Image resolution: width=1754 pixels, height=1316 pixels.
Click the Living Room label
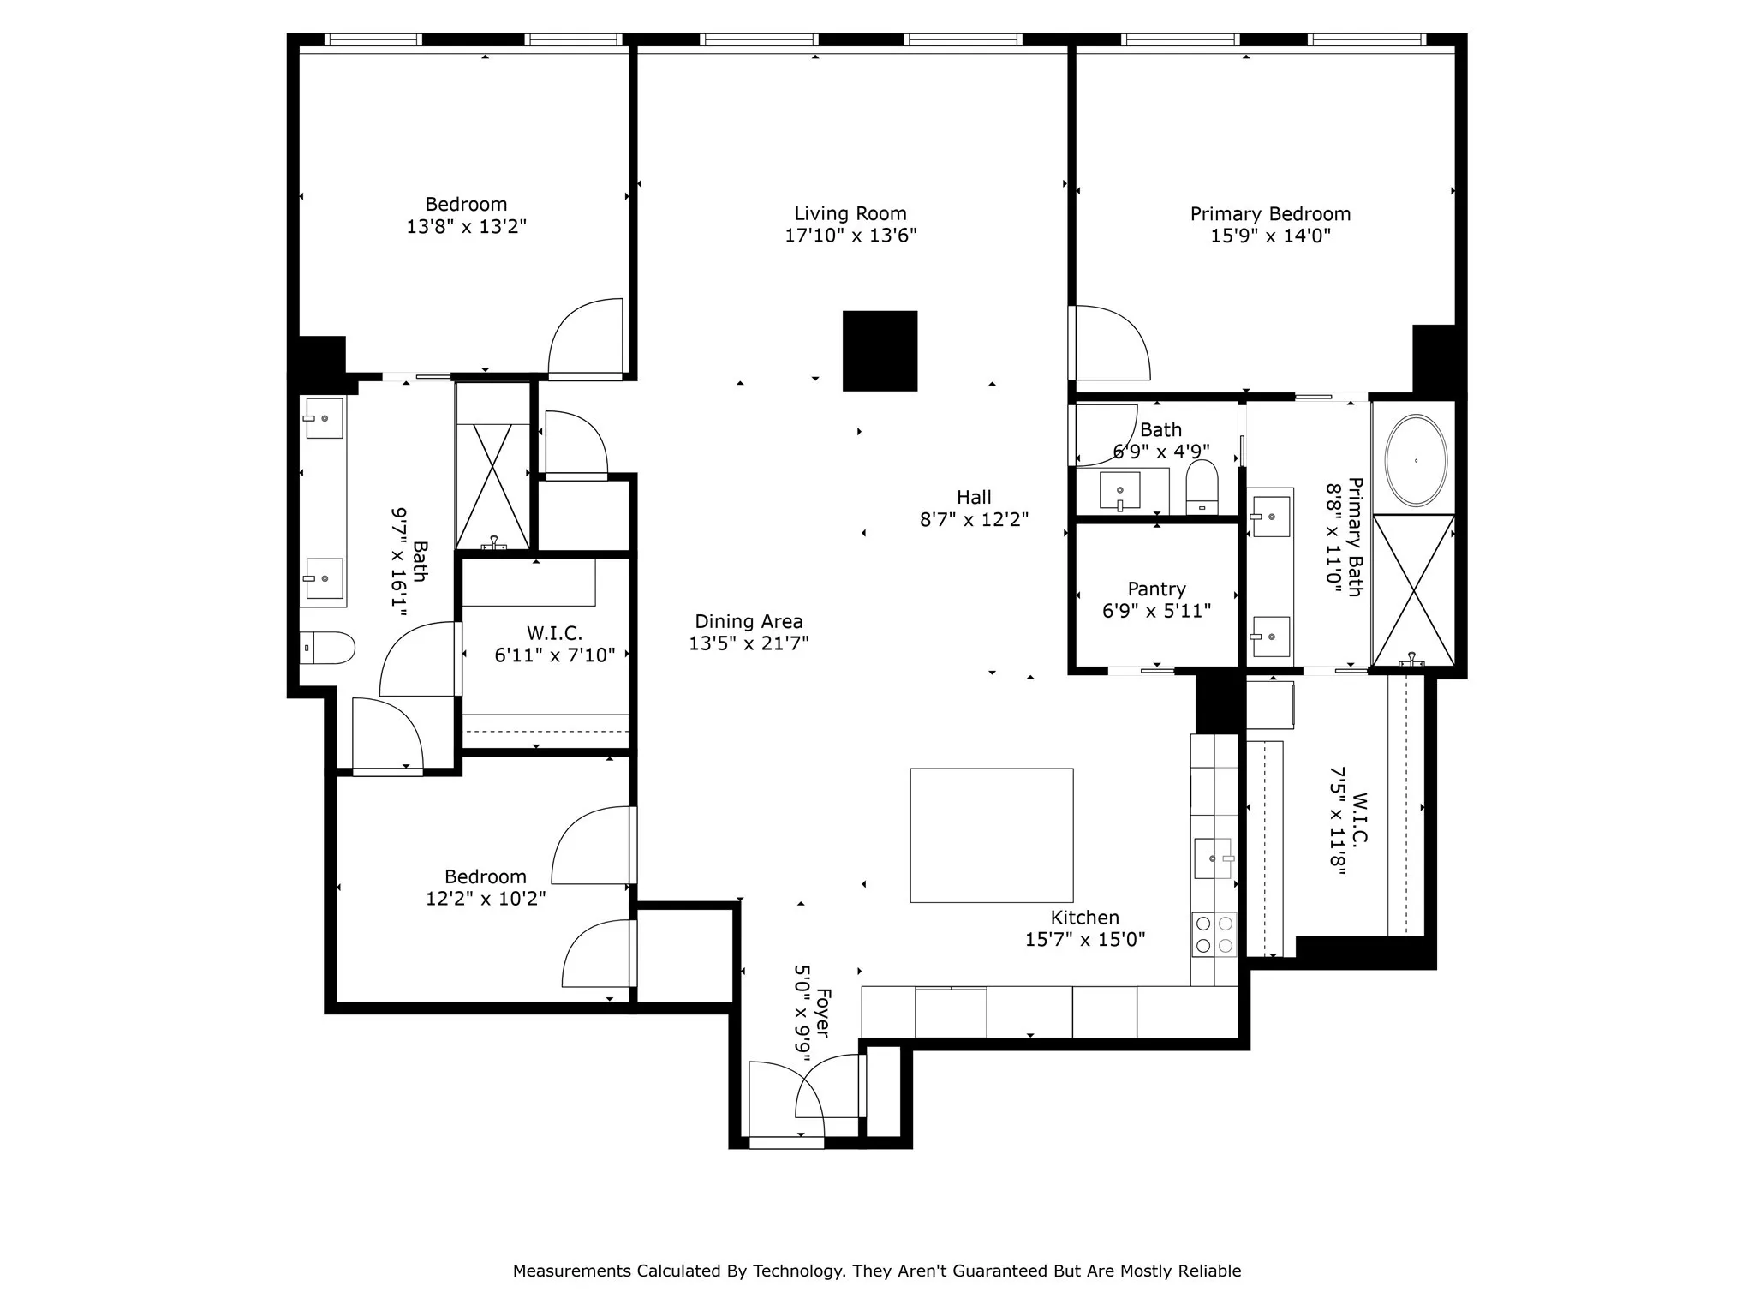pos(850,213)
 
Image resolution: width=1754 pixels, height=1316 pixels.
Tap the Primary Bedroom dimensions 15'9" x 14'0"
pos(1270,236)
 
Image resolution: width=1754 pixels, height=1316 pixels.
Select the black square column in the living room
pos(880,351)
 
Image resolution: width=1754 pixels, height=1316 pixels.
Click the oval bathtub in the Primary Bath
pos(1416,460)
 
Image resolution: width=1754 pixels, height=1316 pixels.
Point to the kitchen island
pos(991,835)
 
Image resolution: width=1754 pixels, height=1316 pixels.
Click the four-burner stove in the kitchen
pos(1214,935)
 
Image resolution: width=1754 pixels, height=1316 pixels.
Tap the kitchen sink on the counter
pos(1213,858)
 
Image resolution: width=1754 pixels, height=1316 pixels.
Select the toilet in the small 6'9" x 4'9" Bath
pos(1202,488)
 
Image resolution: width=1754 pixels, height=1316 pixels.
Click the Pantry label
pos(1156,589)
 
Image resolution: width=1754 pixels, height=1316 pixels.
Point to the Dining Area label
pos(749,621)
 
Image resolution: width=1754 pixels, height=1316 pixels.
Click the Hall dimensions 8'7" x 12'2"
pos(974,520)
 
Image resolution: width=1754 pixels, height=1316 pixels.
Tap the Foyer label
pos(822,1013)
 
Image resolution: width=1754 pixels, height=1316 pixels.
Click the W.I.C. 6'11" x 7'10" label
pos(554,633)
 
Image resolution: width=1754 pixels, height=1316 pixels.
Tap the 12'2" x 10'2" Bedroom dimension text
pos(486,899)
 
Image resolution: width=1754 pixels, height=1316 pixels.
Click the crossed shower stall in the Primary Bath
pos(1413,589)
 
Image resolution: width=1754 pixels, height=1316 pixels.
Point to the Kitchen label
pos(1084,918)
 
